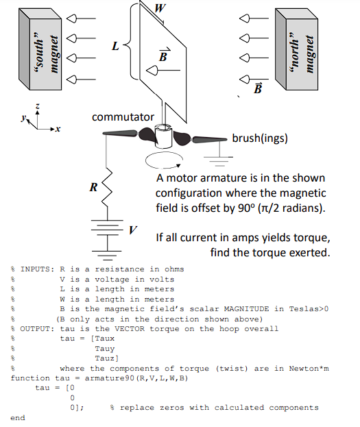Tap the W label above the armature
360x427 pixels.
[x=160, y=8]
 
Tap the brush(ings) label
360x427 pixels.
[x=260, y=138]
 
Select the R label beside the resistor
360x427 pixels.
[x=93, y=186]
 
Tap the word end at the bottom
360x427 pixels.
[x=18, y=417]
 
